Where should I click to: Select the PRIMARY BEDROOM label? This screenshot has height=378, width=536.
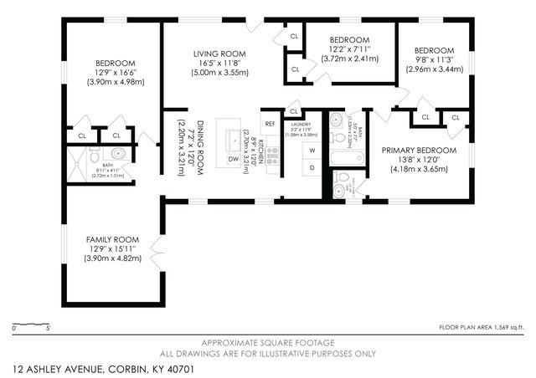[419, 151]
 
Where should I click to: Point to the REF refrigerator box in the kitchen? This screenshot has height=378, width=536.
[270, 123]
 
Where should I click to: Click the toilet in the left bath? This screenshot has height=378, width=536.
[95, 155]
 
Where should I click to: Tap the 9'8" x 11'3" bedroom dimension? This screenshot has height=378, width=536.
[434, 59]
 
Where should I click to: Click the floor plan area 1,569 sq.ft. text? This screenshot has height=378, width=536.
[482, 327]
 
